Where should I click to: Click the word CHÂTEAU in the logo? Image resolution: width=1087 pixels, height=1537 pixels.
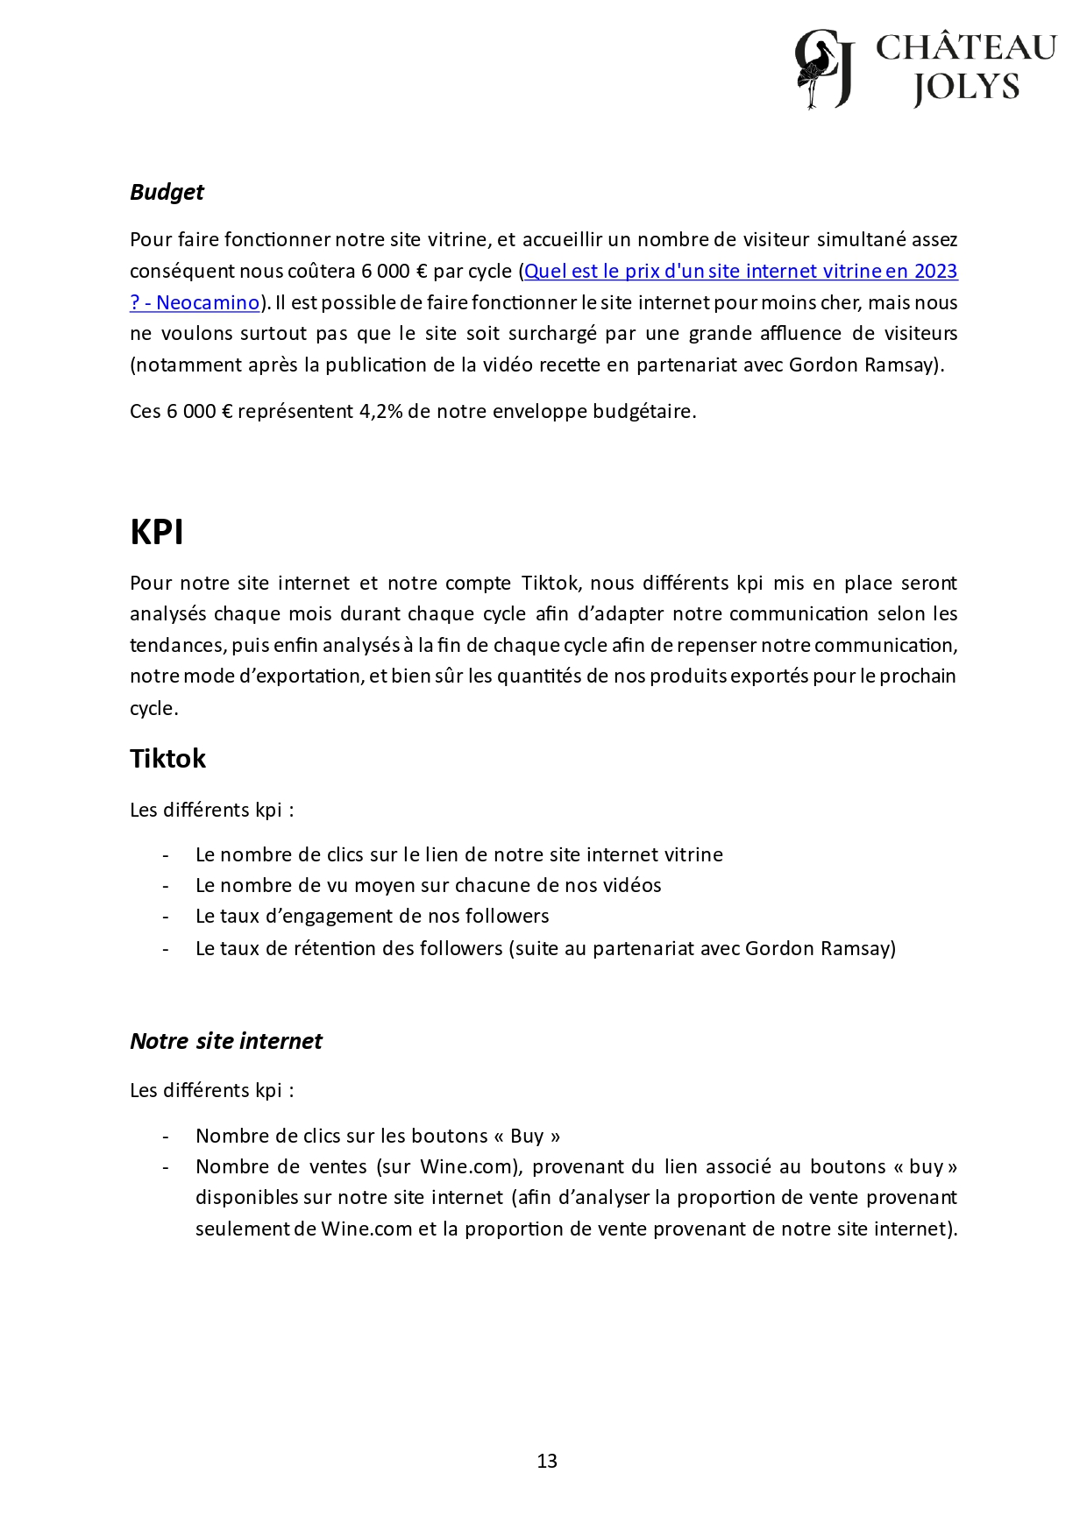[966, 47]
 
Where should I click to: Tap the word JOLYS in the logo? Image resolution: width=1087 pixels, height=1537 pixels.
[966, 88]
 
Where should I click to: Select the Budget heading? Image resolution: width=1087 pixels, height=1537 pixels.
[167, 193]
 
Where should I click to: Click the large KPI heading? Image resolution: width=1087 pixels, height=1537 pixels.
[157, 533]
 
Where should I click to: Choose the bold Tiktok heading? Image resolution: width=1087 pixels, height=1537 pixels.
[167, 759]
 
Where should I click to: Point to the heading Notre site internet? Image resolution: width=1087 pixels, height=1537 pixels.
[226, 1042]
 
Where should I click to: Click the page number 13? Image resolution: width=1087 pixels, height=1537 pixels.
[547, 1461]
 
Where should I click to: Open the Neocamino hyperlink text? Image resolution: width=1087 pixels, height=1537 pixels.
[208, 303]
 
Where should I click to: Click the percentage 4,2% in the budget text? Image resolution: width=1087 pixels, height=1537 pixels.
[380, 412]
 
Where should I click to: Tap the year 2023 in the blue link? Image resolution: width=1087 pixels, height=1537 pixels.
[935, 272]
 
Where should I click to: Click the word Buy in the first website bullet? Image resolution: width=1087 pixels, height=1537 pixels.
[527, 1137]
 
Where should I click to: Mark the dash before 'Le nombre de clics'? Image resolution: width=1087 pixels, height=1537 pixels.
[165, 855]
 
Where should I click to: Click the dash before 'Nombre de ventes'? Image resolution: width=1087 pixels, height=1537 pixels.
[165, 1167]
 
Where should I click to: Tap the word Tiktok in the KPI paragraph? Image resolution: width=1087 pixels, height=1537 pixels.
[551, 584]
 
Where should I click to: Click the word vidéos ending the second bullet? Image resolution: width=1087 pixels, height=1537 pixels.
[632, 886]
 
